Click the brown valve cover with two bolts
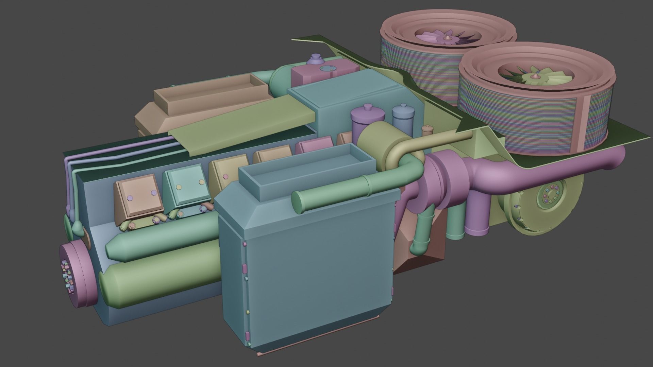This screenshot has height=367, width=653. coord(139,197)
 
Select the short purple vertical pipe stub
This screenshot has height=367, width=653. coord(476,217)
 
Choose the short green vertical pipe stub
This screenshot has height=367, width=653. coord(456,221)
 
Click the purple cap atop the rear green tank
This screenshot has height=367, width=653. coord(315,59)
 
